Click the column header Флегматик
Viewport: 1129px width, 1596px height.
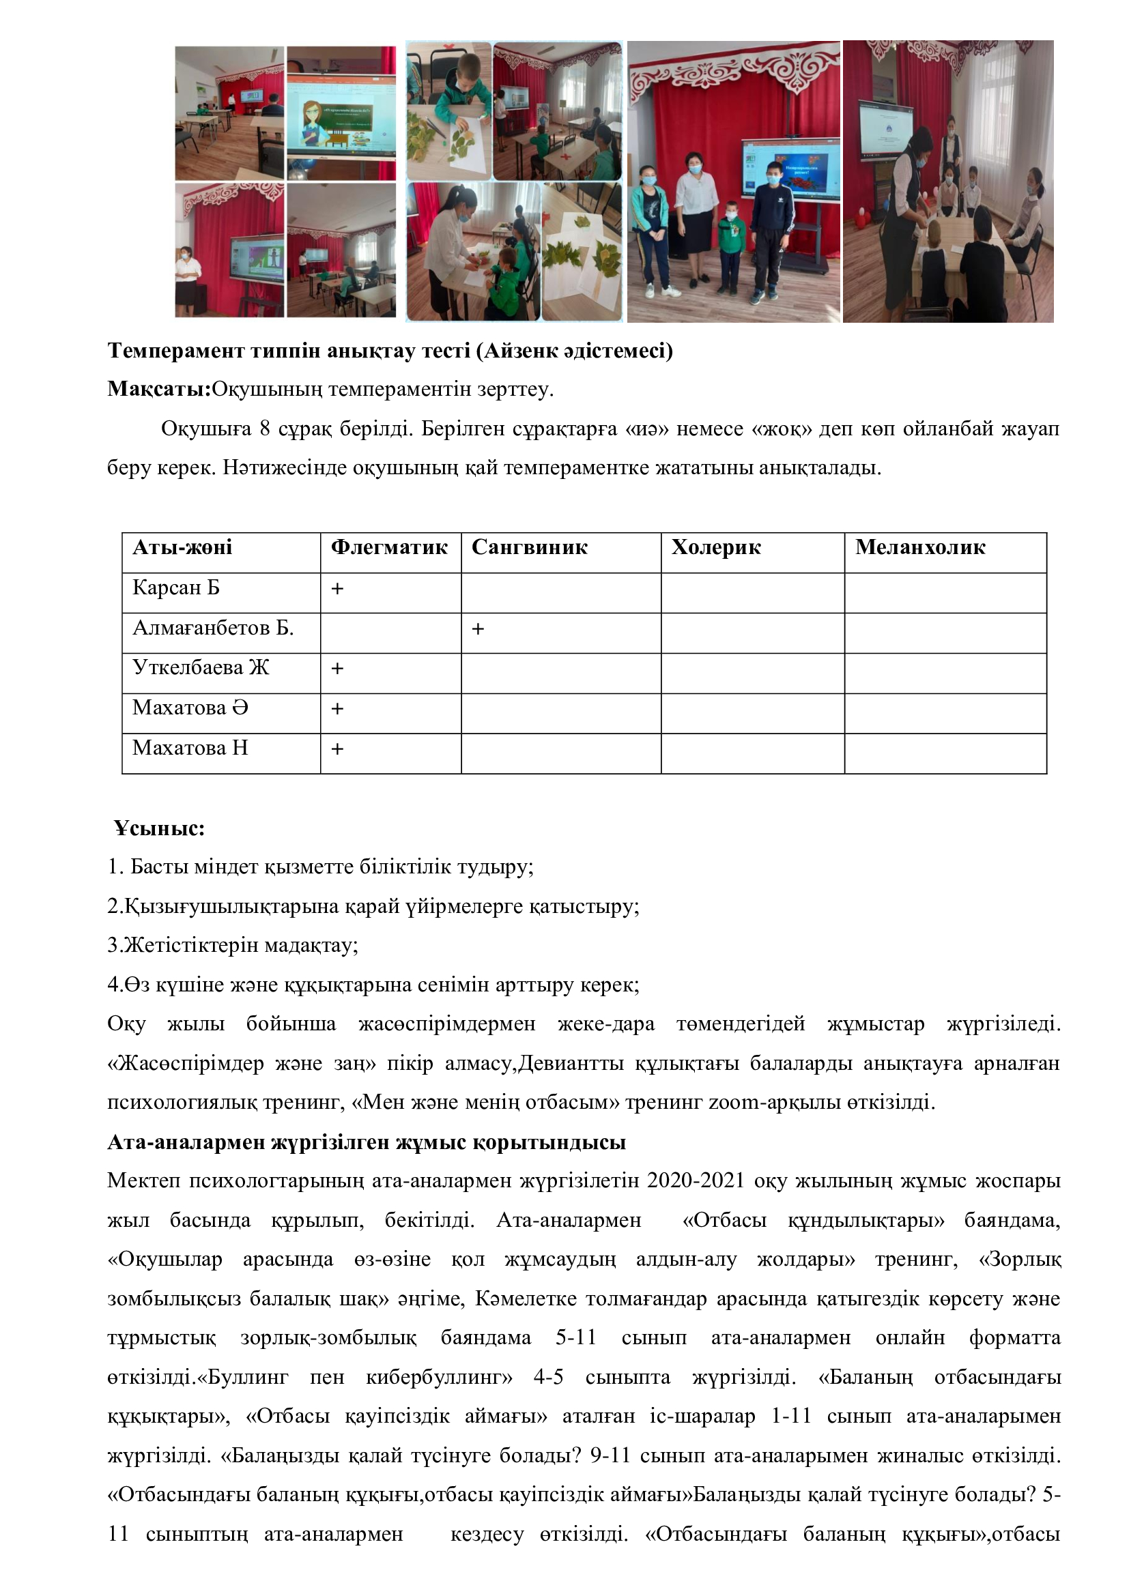(388, 548)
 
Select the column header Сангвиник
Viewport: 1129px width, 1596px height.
(529, 548)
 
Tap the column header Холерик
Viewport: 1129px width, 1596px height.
(715, 548)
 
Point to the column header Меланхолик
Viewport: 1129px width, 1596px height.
(919, 548)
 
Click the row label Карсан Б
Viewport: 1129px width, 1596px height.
(176, 588)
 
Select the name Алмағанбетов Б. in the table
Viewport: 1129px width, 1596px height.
(213, 628)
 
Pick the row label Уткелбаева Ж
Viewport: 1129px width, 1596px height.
(200, 668)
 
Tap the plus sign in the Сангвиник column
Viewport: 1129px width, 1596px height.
(478, 629)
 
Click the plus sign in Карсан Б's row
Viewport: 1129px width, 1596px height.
(337, 589)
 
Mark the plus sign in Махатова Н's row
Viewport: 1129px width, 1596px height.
(337, 749)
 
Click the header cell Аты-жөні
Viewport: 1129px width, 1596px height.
(182, 548)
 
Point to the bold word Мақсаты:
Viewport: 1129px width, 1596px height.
(159, 389)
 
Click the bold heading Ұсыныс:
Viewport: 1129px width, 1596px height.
(160, 828)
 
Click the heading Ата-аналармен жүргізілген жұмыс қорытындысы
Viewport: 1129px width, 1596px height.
(367, 1142)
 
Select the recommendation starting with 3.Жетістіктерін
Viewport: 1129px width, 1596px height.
(233, 945)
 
